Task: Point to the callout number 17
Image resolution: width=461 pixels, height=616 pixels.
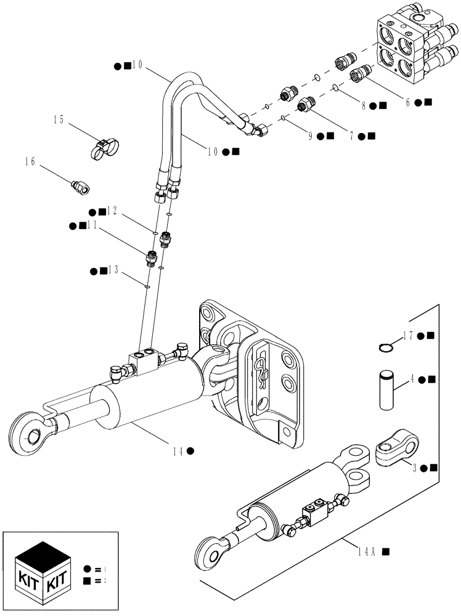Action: [x=408, y=335]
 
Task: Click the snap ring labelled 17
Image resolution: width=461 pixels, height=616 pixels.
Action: [x=386, y=349]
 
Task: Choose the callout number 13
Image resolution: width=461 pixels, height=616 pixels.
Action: [x=112, y=270]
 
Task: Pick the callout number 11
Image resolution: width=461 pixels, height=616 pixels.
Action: [x=92, y=225]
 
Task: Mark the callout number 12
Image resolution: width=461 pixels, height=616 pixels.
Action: [x=112, y=211]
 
